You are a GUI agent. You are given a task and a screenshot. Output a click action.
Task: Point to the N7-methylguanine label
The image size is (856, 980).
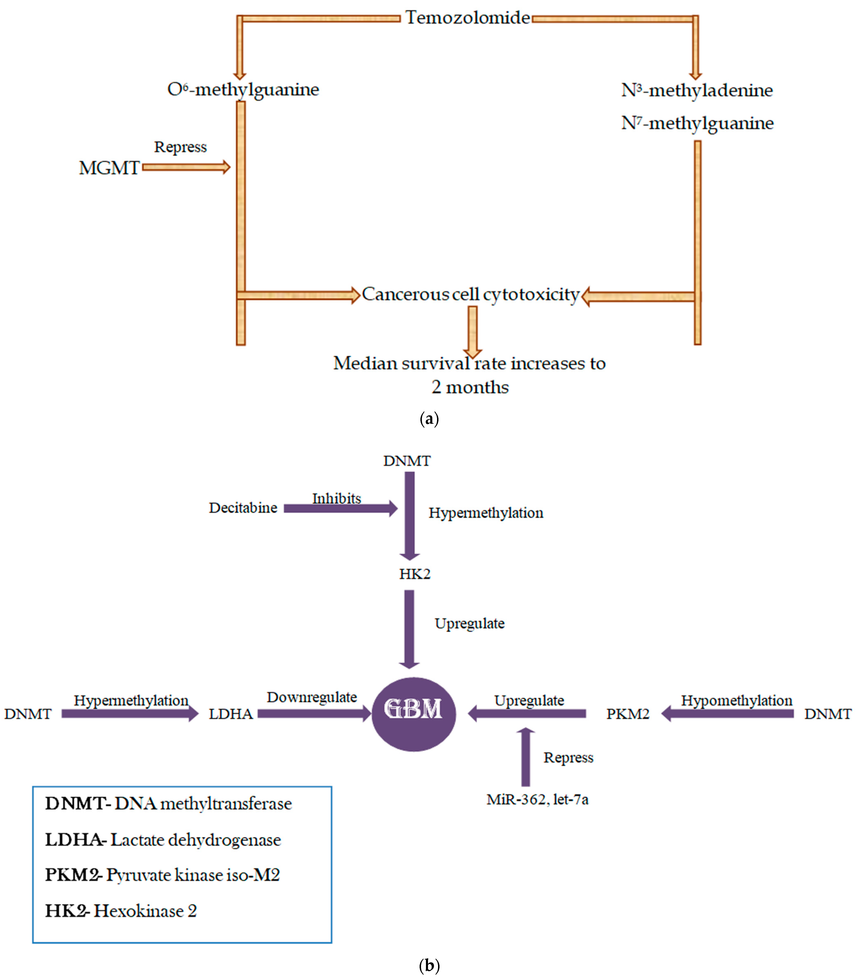tap(697, 123)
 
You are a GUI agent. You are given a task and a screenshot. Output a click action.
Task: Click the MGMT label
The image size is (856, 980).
tap(109, 168)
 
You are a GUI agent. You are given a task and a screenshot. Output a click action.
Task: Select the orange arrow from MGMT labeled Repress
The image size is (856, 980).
tap(186, 167)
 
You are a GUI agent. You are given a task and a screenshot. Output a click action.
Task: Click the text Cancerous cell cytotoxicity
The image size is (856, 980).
tap(470, 294)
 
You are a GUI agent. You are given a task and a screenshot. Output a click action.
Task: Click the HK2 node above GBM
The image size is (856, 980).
tap(415, 574)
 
